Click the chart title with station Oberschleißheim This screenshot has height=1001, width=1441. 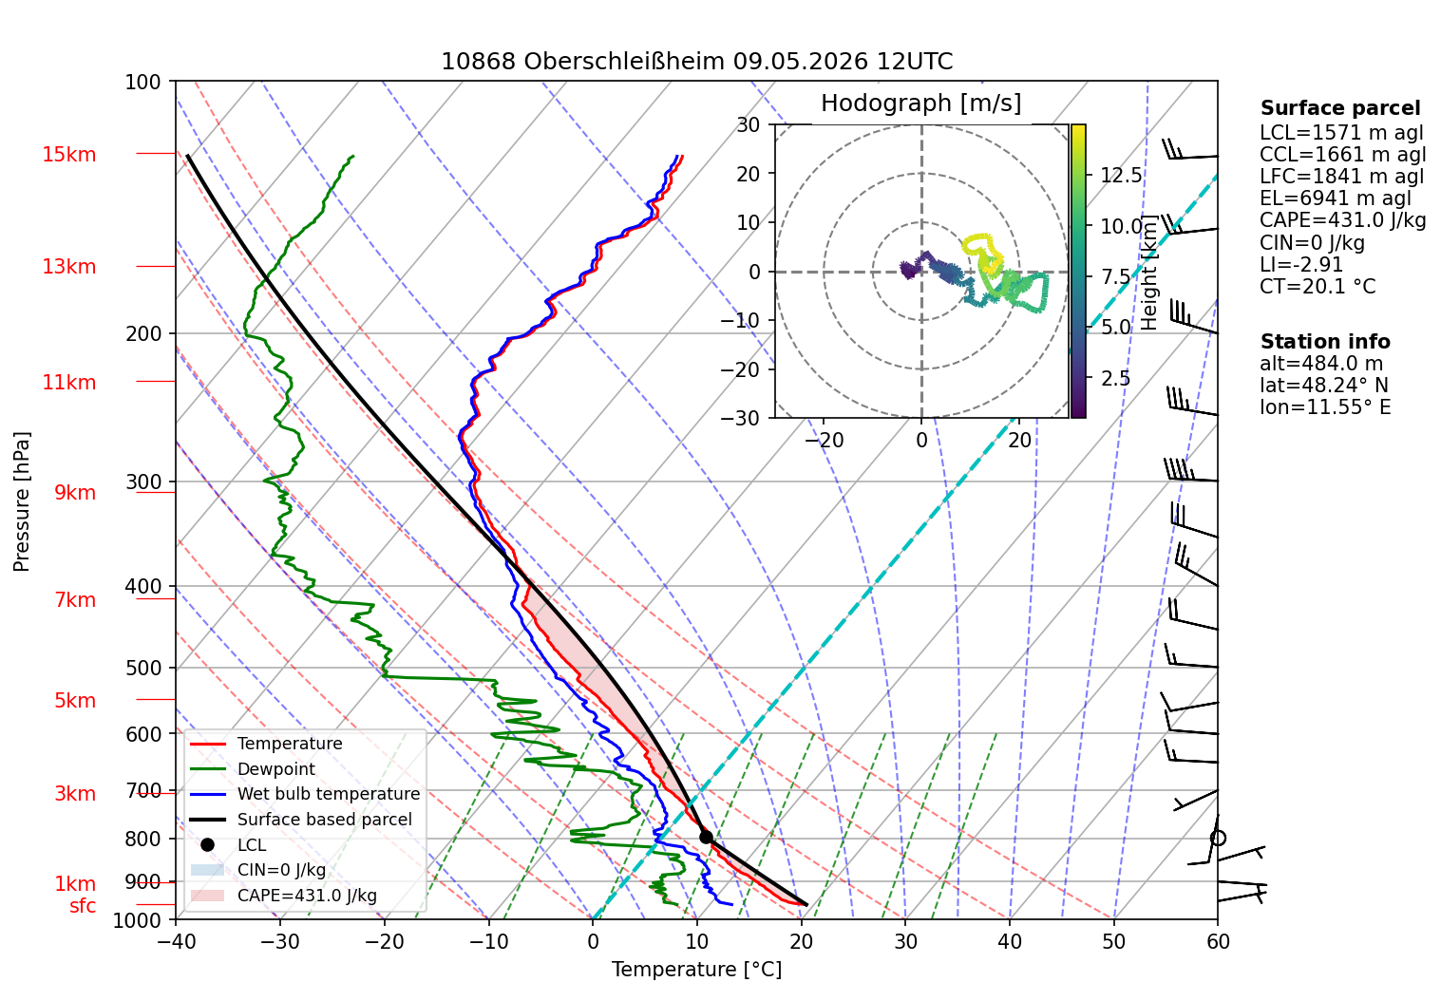point(696,62)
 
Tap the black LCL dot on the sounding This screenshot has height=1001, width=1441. point(706,837)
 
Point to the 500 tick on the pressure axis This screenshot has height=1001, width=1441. point(143,669)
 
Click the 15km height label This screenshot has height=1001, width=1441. point(68,155)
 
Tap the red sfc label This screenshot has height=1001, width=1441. point(83,906)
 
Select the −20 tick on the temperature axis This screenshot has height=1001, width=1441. point(384,942)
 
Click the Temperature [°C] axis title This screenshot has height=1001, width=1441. point(696,970)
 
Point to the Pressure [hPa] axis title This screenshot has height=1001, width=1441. point(21,501)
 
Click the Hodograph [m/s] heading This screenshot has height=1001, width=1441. point(921,103)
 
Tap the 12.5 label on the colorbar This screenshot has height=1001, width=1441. point(1121,175)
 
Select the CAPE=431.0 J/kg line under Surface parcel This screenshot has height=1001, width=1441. point(1342,220)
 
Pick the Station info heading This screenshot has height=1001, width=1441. point(1325,342)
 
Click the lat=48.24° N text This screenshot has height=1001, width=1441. point(1324,386)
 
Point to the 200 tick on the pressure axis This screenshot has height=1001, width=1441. point(143,334)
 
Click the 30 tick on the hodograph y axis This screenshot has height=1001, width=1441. point(749,124)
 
